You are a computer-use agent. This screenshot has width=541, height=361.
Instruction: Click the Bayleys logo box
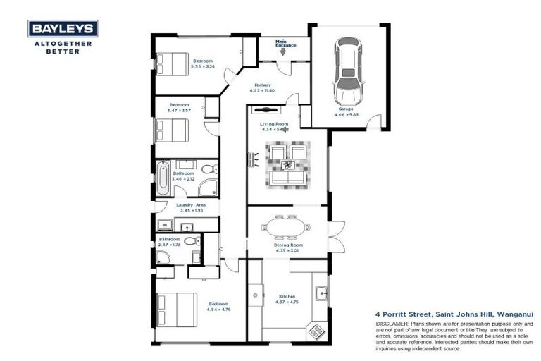click(x=63, y=28)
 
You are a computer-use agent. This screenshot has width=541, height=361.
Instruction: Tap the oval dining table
click(x=285, y=228)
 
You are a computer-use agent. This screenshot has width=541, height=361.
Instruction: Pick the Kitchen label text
click(x=287, y=297)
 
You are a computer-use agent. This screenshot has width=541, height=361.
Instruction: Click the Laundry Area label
click(x=191, y=205)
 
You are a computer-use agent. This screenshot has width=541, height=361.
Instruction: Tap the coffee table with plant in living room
click(x=288, y=164)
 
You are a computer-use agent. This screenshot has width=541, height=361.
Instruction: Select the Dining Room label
click(x=286, y=244)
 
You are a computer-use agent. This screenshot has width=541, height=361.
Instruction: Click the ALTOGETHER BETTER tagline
click(x=63, y=47)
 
